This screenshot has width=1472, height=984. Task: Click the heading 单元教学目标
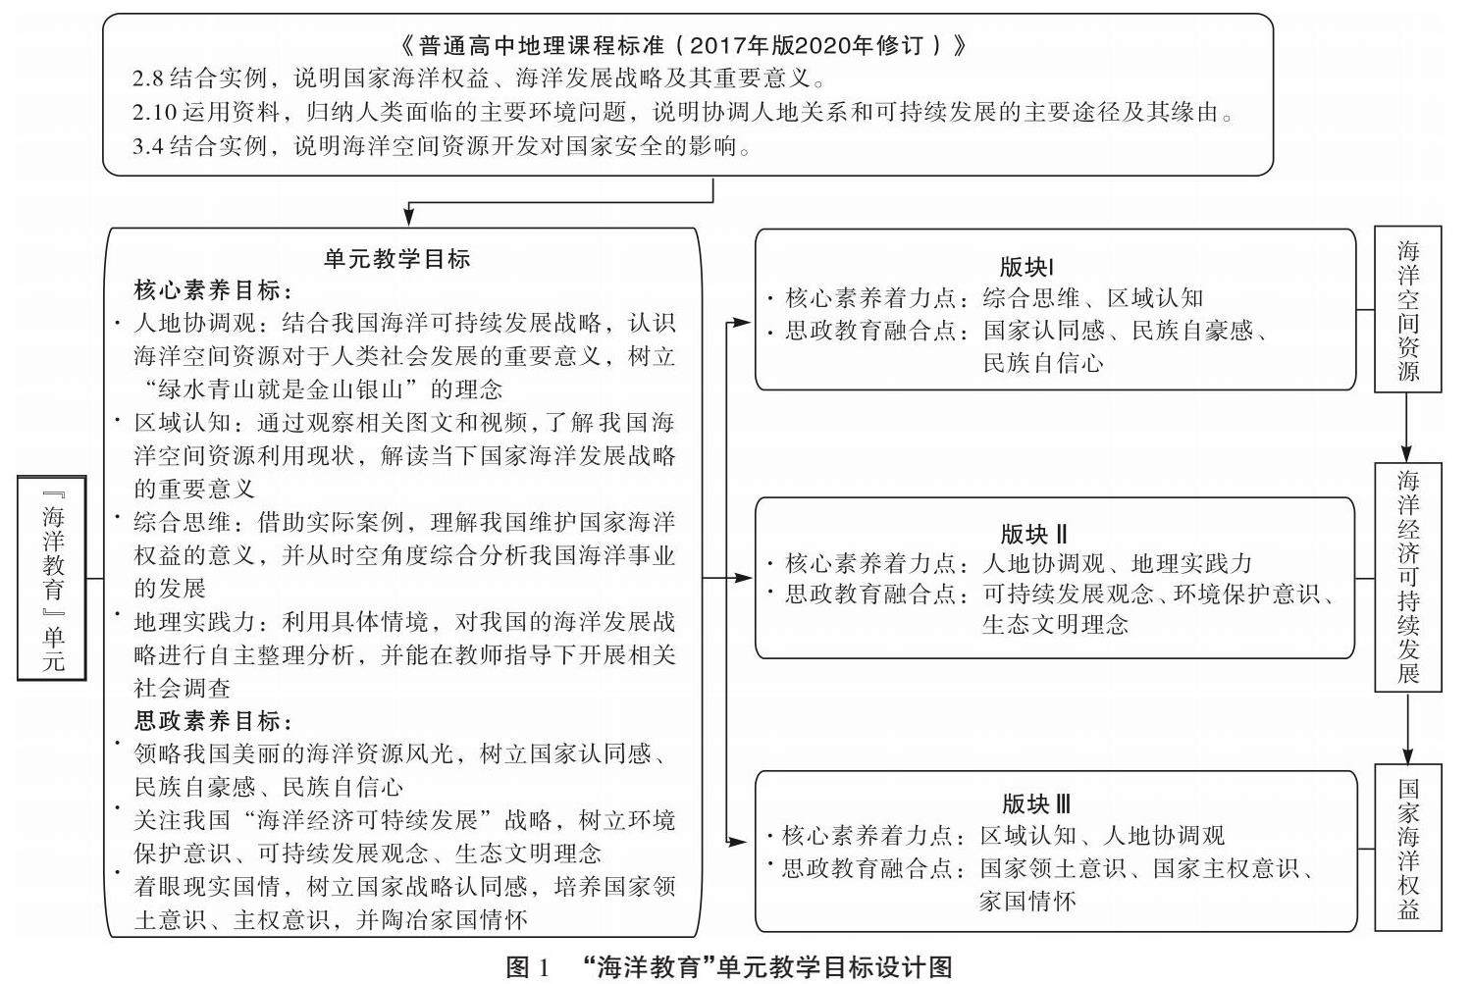click(x=397, y=259)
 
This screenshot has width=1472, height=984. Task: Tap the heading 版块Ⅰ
click(x=1026, y=267)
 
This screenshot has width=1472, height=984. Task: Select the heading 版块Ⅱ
click(x=1034, y=535)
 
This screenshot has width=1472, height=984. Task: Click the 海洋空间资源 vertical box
click(x=1408, y=310)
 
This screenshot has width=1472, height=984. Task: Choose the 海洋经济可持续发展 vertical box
click(x=1408, y=577)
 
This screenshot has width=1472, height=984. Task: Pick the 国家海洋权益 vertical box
click(x=1408, y=849)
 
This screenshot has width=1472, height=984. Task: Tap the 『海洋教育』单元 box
click(x=53, y=578)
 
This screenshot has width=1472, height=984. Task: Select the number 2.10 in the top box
click(x=153, y=113)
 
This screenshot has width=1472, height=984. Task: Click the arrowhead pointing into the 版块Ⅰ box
click(x=745, y=322)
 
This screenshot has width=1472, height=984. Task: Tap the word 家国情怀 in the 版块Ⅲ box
click(x=1026, y=901)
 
